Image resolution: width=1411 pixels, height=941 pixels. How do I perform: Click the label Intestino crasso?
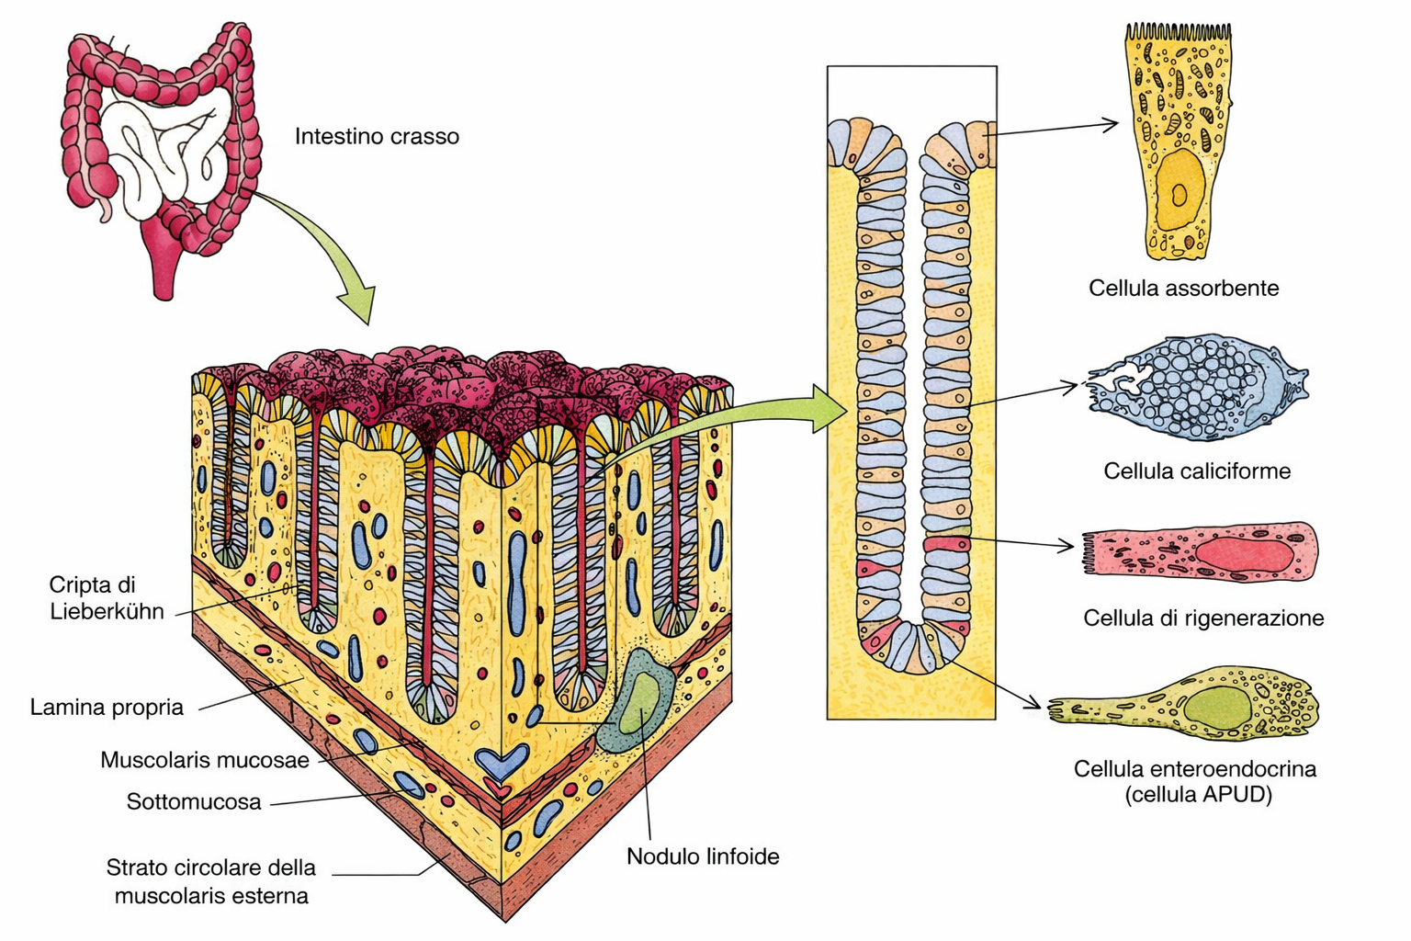point(377,137)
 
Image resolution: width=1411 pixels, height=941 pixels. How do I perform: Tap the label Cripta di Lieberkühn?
point(107,597)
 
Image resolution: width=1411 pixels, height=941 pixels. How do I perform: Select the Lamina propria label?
point(107,708)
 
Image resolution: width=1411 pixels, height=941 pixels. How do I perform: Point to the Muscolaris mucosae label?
point(204,760)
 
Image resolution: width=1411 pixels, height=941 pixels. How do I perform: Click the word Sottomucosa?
point(194,802)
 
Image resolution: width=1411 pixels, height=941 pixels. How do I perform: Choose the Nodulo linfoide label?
point(703,856)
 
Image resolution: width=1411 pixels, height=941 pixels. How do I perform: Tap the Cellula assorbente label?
point(1183,288)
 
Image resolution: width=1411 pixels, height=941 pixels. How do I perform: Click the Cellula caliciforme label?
point(1197,471)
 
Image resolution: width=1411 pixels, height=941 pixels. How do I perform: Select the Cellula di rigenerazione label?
point(1203,618)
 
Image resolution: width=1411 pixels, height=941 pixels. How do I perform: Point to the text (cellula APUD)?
point(1198,794)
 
